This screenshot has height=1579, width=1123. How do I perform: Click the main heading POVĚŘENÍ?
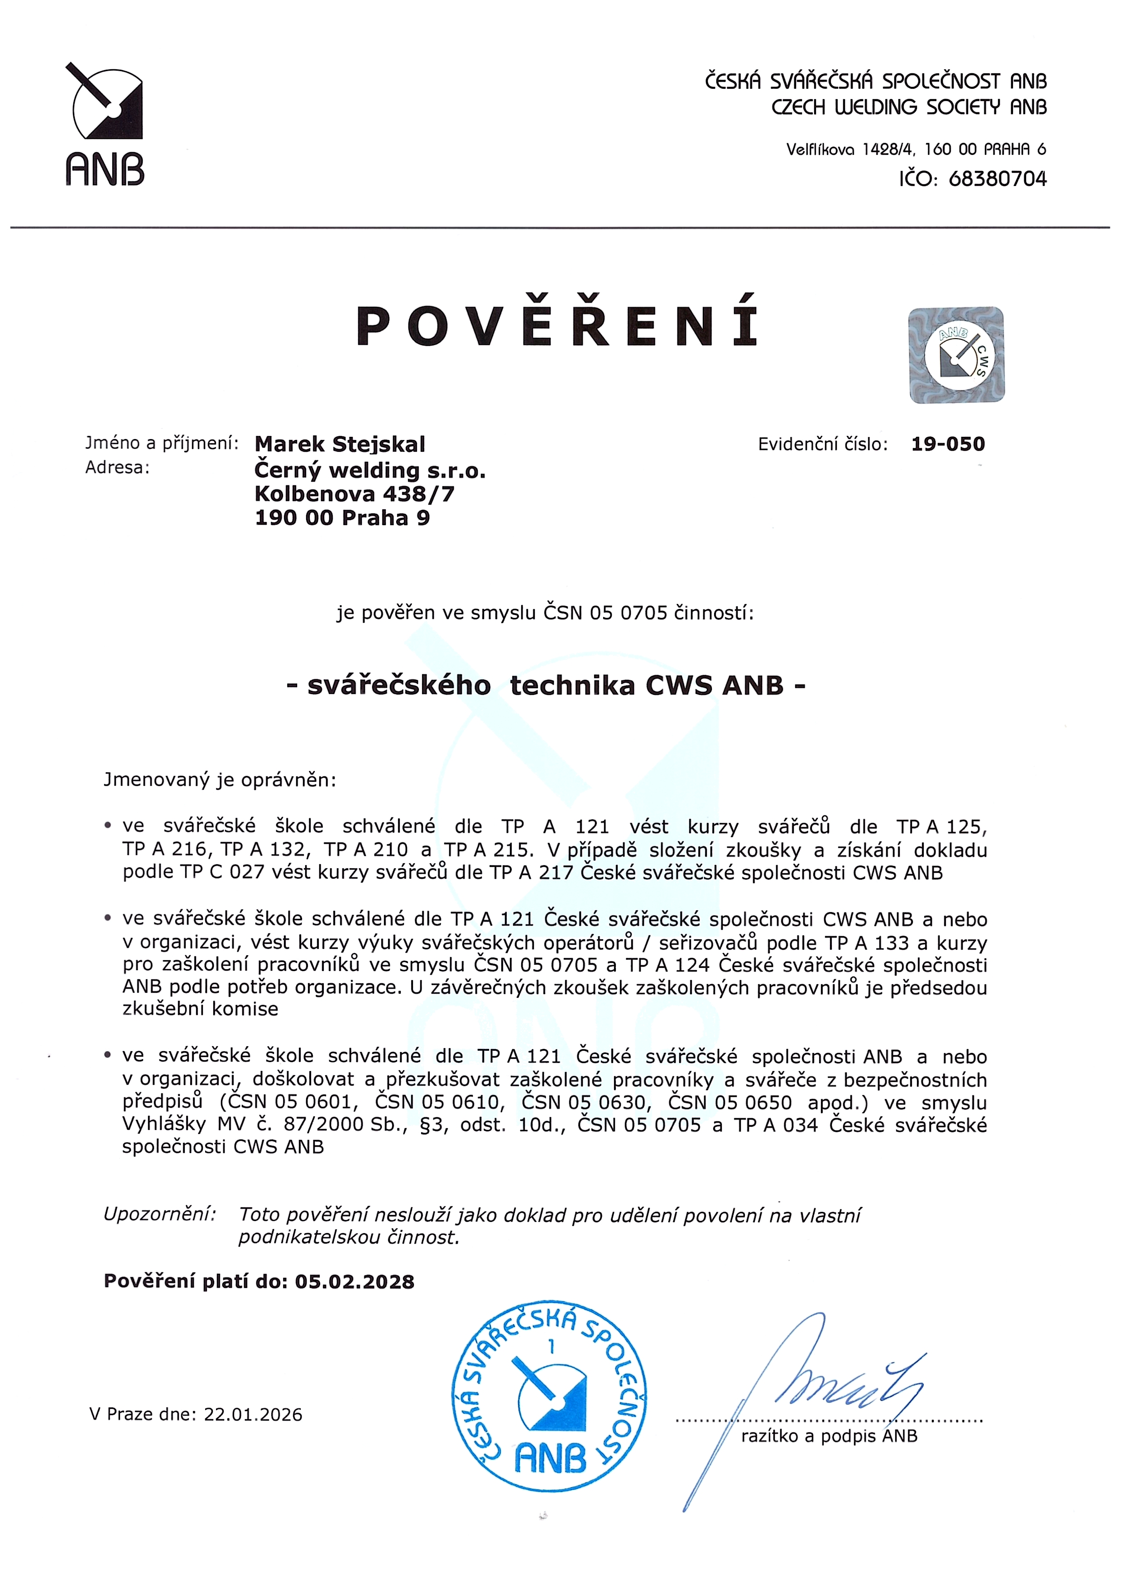(557, 326)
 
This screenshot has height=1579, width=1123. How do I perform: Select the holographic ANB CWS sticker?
(956, 354)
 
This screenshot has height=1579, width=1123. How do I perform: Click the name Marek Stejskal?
(340, 444)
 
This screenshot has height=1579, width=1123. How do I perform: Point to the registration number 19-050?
(947, 444)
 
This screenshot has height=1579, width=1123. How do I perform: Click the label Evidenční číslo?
(822, 444)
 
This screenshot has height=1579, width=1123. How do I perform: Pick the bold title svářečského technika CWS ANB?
(546, 685)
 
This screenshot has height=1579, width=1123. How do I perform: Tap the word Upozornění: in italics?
(159, 1213)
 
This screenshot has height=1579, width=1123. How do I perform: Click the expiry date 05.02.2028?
(355, 1282)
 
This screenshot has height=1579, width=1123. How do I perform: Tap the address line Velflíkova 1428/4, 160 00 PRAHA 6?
(916, 148)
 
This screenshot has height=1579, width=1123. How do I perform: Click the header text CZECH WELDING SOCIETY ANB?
(909, 107)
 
